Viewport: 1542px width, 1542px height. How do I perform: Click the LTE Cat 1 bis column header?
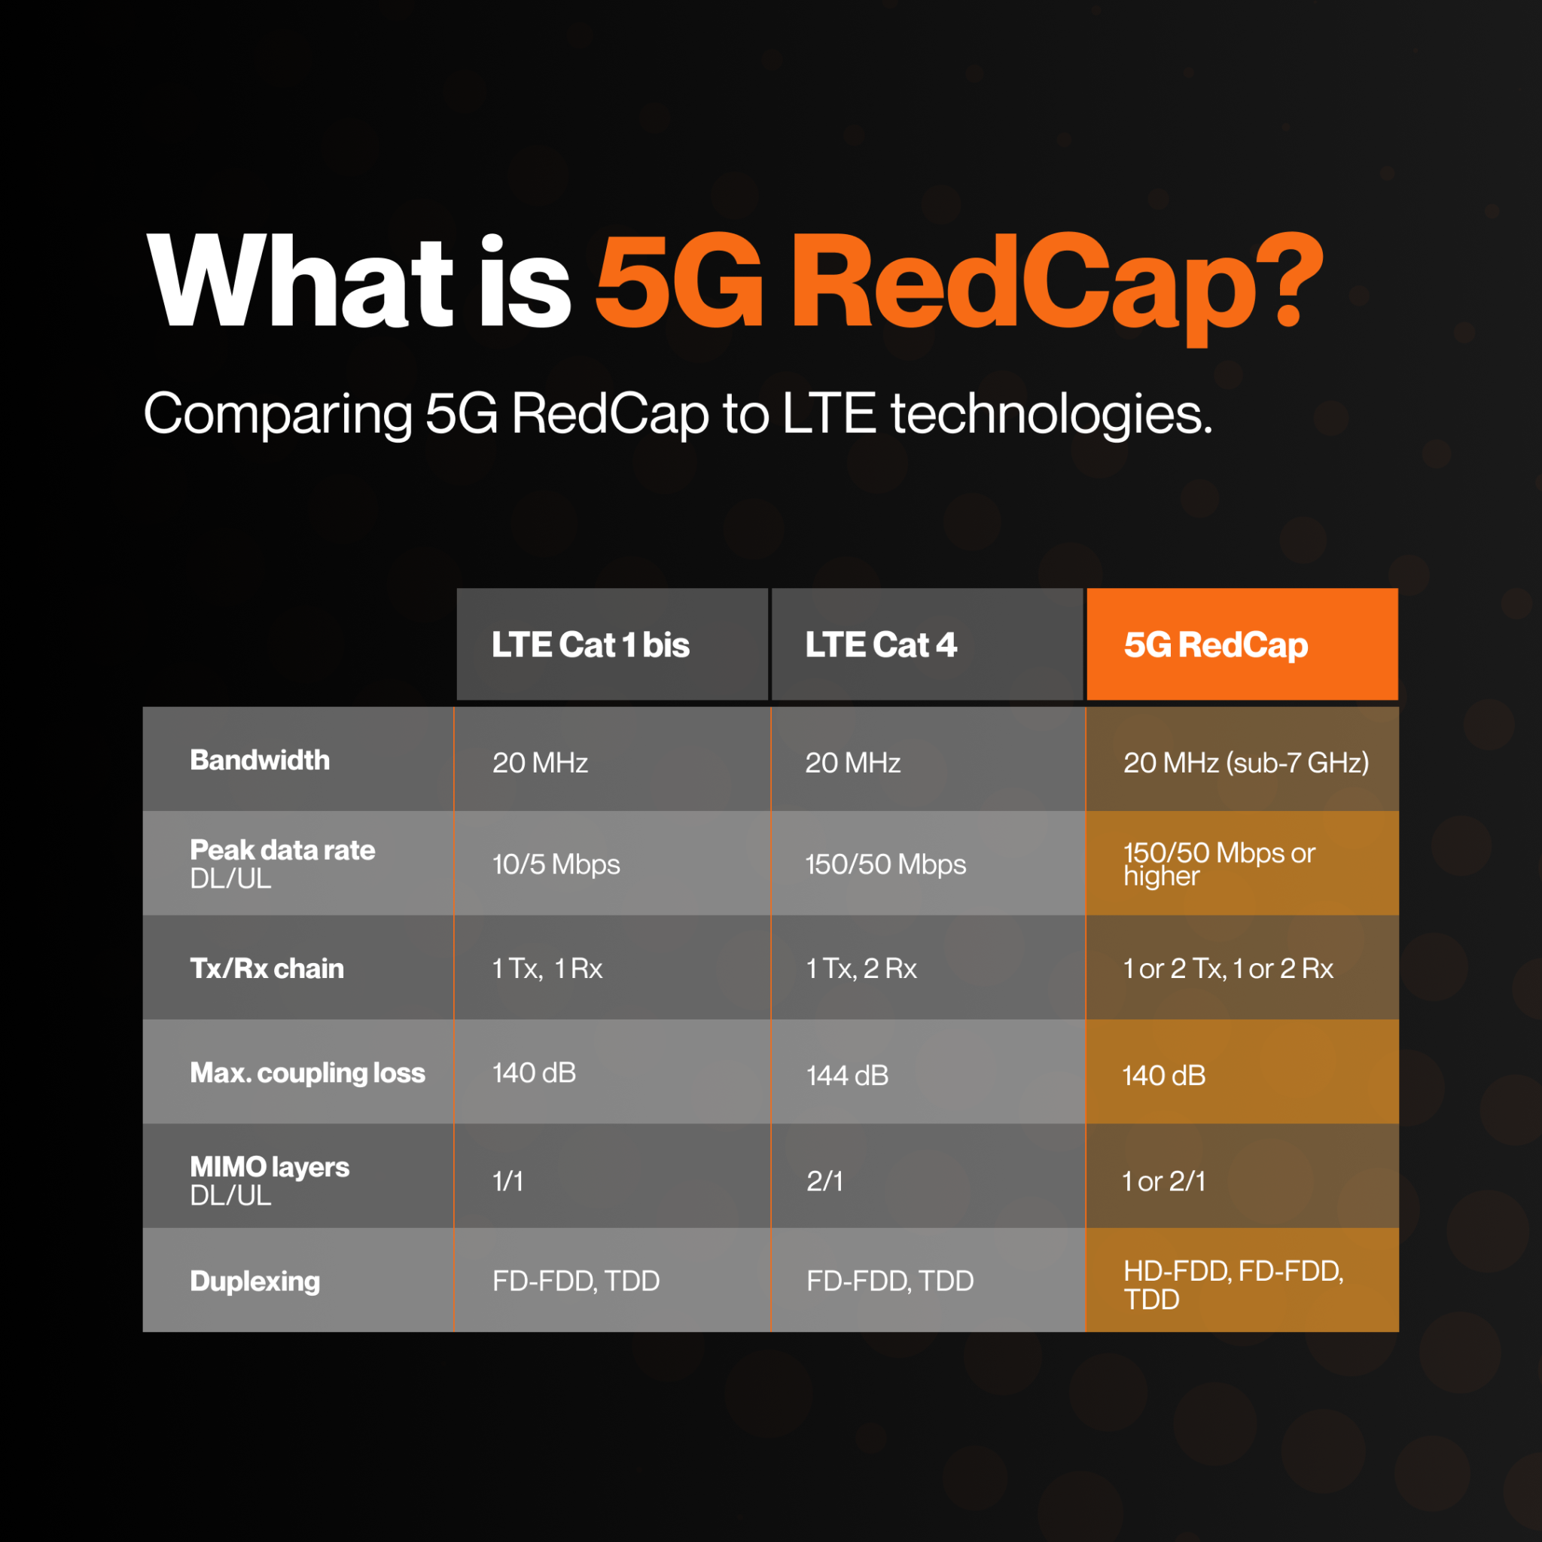coord(590,645)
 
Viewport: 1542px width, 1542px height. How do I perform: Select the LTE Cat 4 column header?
coord(880,645)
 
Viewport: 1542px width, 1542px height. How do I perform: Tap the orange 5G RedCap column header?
coord(1215,645)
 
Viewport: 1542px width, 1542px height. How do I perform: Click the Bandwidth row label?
coord(260,760)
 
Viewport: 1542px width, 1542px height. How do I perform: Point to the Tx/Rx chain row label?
coord(267,968)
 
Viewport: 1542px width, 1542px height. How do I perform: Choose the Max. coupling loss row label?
coord(307,1073)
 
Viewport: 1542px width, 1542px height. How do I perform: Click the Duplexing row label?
coord(254,1281)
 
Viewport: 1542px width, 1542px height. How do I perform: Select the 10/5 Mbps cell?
coord(556,864)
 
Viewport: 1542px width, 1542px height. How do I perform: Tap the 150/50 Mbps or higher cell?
coord(1218,864)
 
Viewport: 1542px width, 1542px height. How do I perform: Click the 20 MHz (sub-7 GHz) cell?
coord(1245,763)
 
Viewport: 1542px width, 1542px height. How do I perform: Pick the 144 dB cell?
coord(847,1075)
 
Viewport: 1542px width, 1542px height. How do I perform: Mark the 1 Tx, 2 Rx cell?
coord(861,969)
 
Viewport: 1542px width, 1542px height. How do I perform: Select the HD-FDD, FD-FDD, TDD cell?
coord(1233,1285)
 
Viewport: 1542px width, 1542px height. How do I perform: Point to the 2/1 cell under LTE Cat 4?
coord(824,1181)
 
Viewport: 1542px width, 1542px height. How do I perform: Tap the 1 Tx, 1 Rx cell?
coord(547,969)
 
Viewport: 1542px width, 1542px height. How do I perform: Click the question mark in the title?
coord(1300,283)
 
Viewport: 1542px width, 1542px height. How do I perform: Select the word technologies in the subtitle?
coord(1051,414)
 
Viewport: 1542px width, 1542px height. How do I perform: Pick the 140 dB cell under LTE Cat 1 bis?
coord(534,1073)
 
